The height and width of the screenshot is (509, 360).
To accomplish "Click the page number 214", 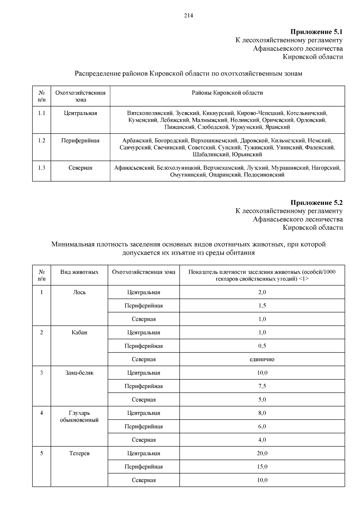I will pos(188,16).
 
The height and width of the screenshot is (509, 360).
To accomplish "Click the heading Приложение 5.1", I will pos(316,32).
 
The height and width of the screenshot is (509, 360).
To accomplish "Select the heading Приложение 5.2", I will pos(316,203).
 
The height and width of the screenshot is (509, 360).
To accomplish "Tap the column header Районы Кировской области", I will pos(227,93).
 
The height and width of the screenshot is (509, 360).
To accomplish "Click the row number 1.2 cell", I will pos(41,141).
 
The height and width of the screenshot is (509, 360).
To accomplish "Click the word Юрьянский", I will pos(247,155).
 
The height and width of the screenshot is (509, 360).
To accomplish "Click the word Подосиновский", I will pos(264,175).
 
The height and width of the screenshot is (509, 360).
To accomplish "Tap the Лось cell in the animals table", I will pos(79,292).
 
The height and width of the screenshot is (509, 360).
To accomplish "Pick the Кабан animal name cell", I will pos(79,333).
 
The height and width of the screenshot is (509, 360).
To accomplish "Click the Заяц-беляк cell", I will pos(79,373).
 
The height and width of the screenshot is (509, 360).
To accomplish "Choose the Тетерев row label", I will pos(79,454).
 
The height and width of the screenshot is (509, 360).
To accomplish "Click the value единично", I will pos(262,359).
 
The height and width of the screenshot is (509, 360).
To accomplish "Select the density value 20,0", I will pos(262,454).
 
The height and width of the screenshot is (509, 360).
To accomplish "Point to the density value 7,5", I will pos(262,386).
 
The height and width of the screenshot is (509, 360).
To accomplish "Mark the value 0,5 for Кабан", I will pos(262,346).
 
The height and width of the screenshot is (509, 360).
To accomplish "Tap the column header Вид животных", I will pos(79,272).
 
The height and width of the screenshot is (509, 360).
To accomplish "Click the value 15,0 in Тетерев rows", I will pos(262,467).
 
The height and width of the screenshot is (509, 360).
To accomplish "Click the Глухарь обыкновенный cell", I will pos(79,417).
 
